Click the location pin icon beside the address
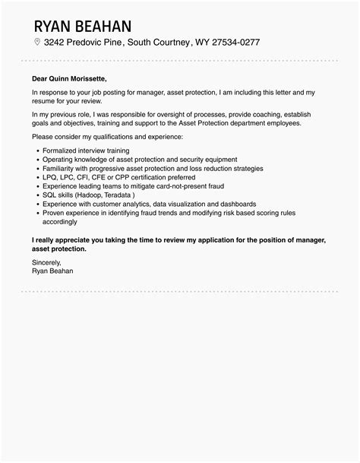(x=37, y=43)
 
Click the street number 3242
(x=57, y=43)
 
